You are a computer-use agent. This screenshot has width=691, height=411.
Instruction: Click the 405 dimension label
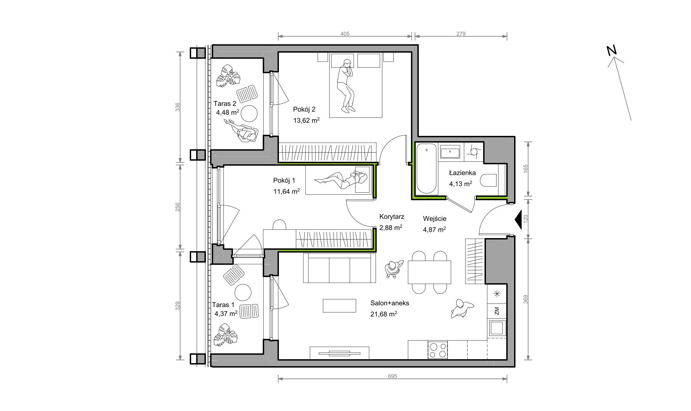coord(345,34)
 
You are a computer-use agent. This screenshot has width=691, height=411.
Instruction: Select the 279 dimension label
coord(461,34)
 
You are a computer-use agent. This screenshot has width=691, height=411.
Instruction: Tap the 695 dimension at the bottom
coord(392,376)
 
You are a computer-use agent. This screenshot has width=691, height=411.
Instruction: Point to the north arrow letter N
coord(612,51)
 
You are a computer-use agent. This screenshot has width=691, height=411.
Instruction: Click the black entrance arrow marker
coord(518,220)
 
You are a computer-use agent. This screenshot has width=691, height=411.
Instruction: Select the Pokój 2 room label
coord(304,109)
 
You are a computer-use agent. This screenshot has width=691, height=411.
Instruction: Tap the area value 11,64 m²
coord(286,191)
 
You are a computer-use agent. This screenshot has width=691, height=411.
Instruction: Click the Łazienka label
coord(462,173)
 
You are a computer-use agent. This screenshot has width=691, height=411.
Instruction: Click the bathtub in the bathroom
coord(426,168)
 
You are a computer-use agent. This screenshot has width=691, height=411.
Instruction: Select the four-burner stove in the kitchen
coord(437,350)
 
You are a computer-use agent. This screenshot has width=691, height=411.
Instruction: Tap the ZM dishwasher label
coord(497,311)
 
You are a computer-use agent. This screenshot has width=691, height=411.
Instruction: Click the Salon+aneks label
coord(390,303)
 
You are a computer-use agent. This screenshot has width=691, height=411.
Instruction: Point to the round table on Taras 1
coord(243,292)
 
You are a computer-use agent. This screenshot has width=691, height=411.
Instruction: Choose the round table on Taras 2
coord(249,114)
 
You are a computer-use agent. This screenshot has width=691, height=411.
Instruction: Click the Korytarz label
coord(392,217)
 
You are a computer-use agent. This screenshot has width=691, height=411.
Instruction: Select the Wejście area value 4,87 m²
coord(434,230)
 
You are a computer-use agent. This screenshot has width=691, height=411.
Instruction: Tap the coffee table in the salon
coord(339,305)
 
